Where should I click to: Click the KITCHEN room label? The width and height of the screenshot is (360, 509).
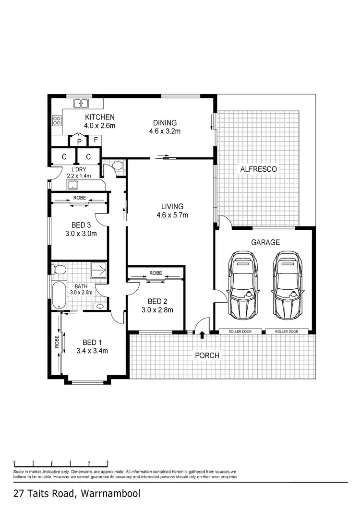click(x=100, y=117)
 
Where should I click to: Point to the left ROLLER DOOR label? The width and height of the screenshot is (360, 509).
click(x=240, y=331)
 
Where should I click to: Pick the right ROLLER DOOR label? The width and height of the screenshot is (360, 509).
click(x=287, y=331)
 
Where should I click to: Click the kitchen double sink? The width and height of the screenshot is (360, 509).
click(x=82, y=103)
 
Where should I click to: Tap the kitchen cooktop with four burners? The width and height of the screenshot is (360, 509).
click(x=57, y=120)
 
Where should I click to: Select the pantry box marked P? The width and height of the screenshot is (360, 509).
click(x=79, y=141)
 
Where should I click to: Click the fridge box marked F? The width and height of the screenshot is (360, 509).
click(x=96, y=140)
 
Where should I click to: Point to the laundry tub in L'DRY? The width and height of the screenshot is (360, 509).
click(x=73, y=186)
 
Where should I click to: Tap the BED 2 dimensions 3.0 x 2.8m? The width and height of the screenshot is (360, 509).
click(x=157, y=310)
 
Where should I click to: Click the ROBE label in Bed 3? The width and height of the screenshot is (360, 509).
click(x=79, y=198)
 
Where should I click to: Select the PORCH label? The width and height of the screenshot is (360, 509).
click(x=207, y=355)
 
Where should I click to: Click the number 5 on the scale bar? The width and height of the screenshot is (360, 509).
click(x=107, y=462)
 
